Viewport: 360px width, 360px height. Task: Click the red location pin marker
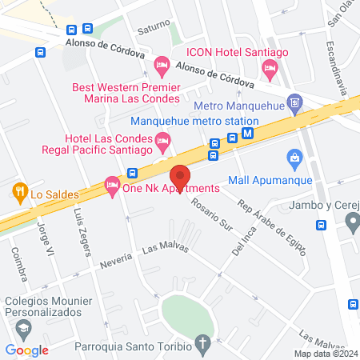tap(180, 178)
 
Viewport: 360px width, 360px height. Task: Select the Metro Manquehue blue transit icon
tap(295, 103)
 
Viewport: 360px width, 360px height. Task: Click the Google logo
tap(26, 350)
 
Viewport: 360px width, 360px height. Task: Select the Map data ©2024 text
tap(324, 354)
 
